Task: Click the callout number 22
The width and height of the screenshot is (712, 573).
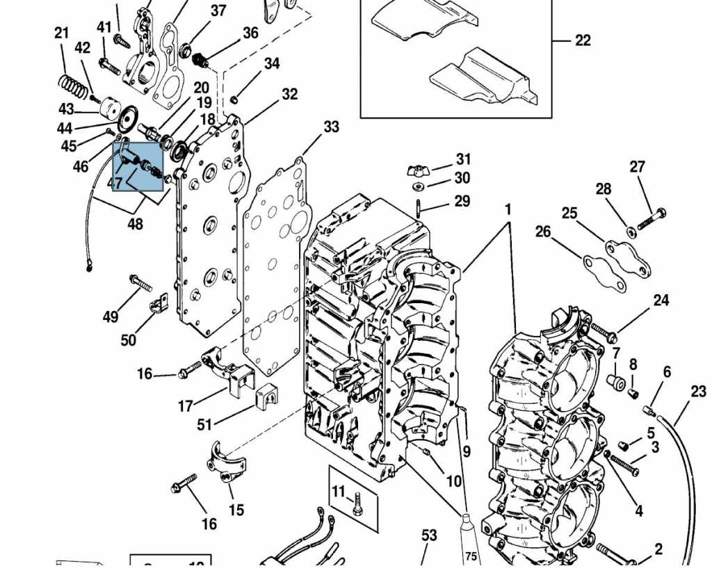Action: (x=583, y=40)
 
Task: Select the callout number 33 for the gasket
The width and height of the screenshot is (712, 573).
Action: (x=331, y=127)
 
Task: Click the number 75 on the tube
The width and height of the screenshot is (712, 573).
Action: (x=471, y=556)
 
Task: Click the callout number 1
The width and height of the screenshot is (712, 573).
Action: (x=508, y=209)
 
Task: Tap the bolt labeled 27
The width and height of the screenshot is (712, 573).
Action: (x=651, y=217)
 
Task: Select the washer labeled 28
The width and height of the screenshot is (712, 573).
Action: (x=629, y=230)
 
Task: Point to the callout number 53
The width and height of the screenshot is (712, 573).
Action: (x=429, y=535)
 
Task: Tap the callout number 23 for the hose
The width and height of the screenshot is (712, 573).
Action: (x=698, y=392)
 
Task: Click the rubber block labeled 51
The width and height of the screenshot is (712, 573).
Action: (x=266, y=397)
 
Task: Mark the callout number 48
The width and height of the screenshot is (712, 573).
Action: (x=135, y=224)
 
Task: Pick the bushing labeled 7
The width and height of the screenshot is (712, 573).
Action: (x=615, y=382)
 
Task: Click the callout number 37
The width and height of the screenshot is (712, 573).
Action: (x=218, y=10)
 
